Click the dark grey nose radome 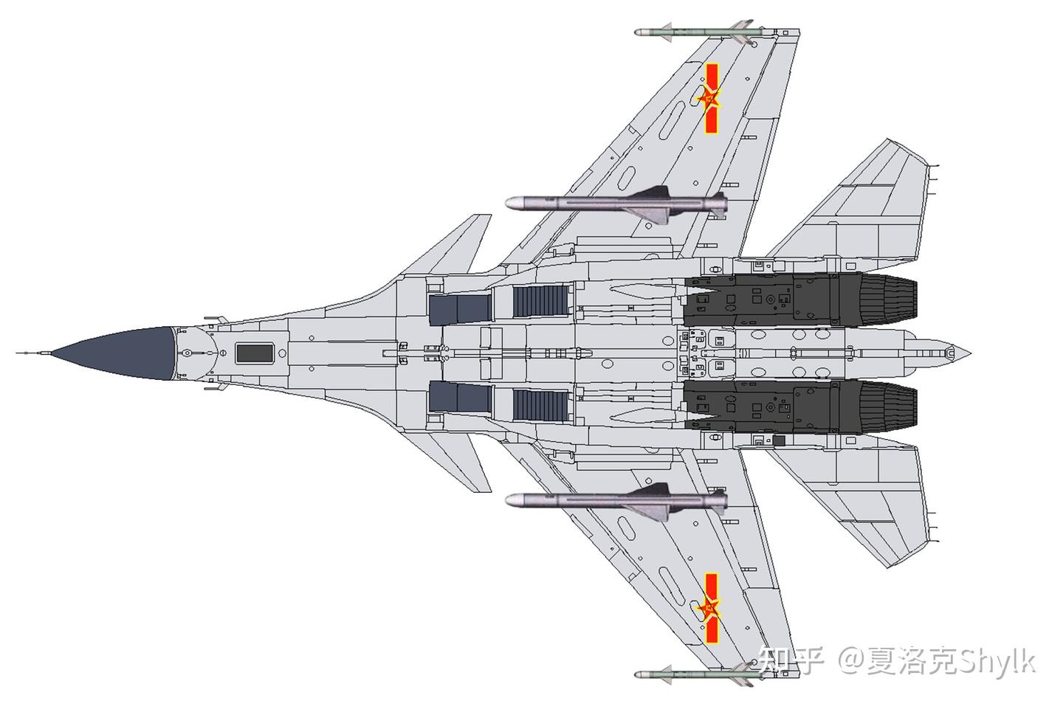coord(122,353)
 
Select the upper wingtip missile coord(694,33)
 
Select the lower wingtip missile coord(694,674)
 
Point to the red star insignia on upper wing coord(709,99)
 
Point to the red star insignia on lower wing coord(709,609)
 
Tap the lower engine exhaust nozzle coord(886,404)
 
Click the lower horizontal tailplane coord(864,494)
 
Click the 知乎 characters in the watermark coord(791,658)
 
